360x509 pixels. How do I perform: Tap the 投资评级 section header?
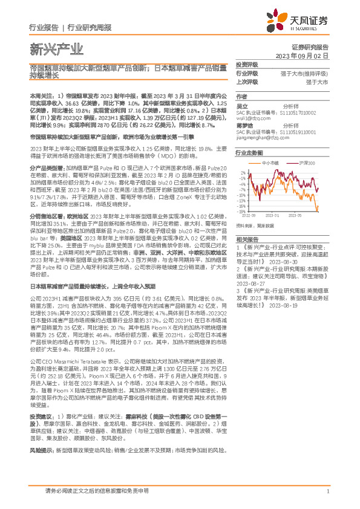tap(247, 64)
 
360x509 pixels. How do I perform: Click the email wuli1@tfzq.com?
tap(252, 119)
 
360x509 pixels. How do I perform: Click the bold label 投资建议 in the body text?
tap(40, 417)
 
